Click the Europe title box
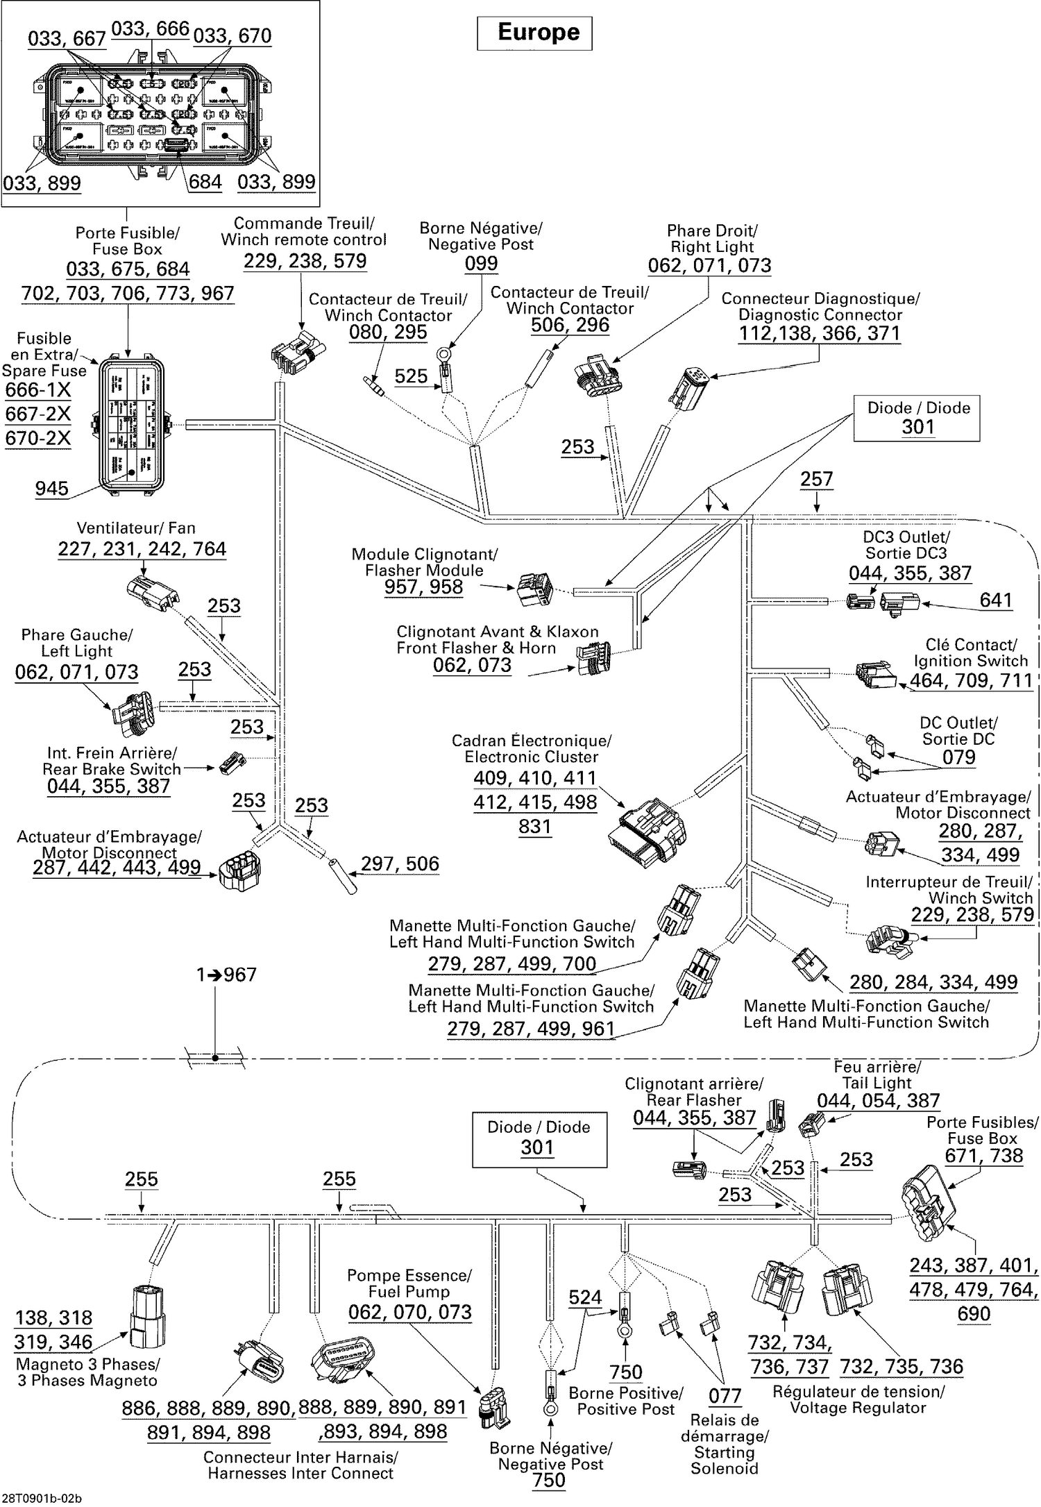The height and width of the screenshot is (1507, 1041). [x=534, y=33]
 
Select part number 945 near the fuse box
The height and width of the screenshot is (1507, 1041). [x=52, y=489]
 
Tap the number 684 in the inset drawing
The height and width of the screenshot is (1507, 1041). [x=205, y=182]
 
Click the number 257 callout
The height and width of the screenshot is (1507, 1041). [x=816, y=479]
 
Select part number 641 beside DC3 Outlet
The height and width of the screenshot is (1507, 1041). [x=995, y=600]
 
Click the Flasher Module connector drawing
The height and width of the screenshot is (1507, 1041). [x=535, y=590]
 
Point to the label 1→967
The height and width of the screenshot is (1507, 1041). [x=226, y=975]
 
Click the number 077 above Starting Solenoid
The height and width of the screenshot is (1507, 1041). [x=725, y=1395]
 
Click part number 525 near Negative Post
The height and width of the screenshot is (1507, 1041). [x=411, y=376]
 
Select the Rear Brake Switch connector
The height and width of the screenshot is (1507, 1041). [x=232, y=762]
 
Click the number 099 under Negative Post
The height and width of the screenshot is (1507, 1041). [x=481, y=263]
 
